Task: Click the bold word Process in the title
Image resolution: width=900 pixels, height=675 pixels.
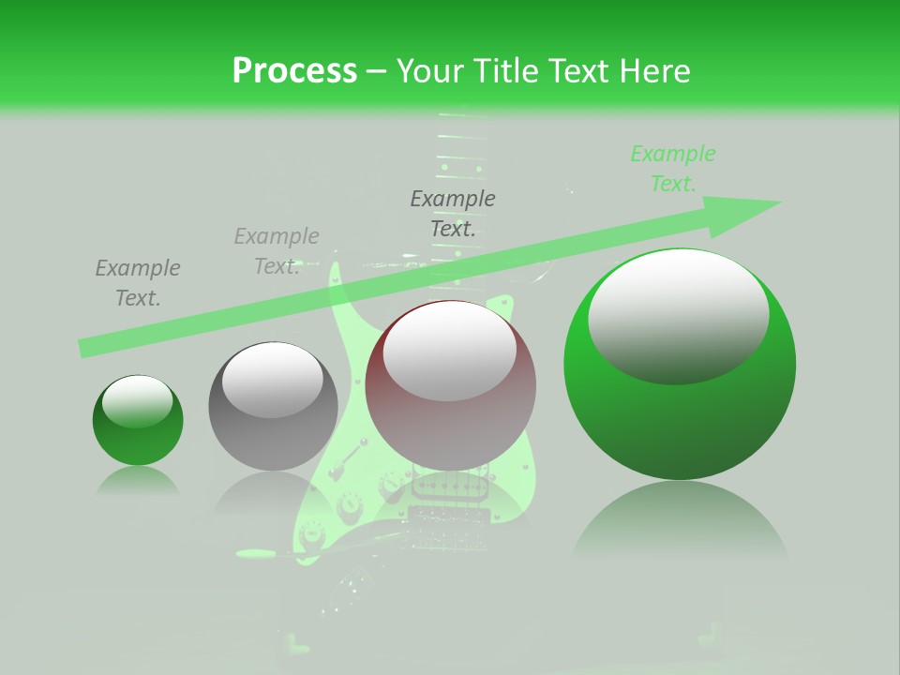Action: (294, 70)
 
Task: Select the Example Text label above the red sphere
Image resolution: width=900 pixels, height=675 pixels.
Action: (453, 213)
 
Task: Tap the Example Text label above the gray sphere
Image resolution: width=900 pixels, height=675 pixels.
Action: (277, 251)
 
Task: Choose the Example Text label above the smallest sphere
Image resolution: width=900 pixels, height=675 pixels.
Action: (138, 282)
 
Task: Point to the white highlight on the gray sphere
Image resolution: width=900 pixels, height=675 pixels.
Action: (272, 378)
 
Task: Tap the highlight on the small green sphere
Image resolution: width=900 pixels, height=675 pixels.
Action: (137, 400)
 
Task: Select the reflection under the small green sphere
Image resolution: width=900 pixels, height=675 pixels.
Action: (138, 482)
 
